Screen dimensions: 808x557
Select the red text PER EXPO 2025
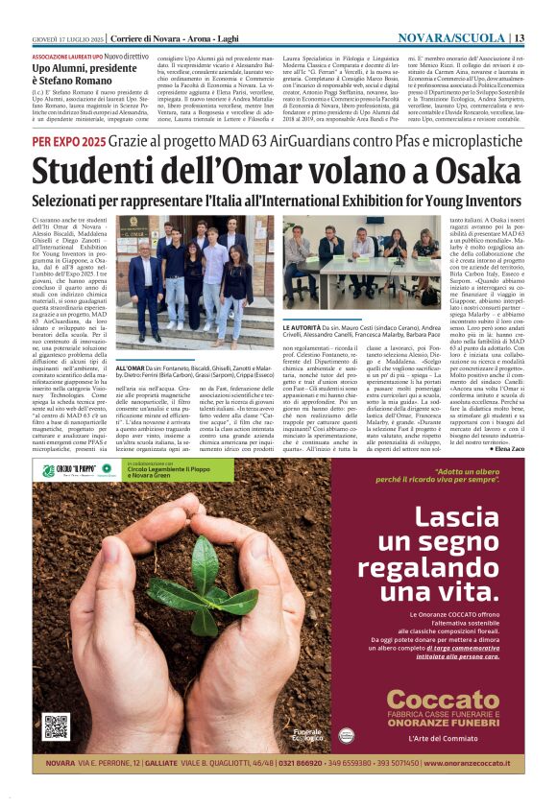[x=68, y=140]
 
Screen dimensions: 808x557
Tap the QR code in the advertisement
[x=56, y=727]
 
